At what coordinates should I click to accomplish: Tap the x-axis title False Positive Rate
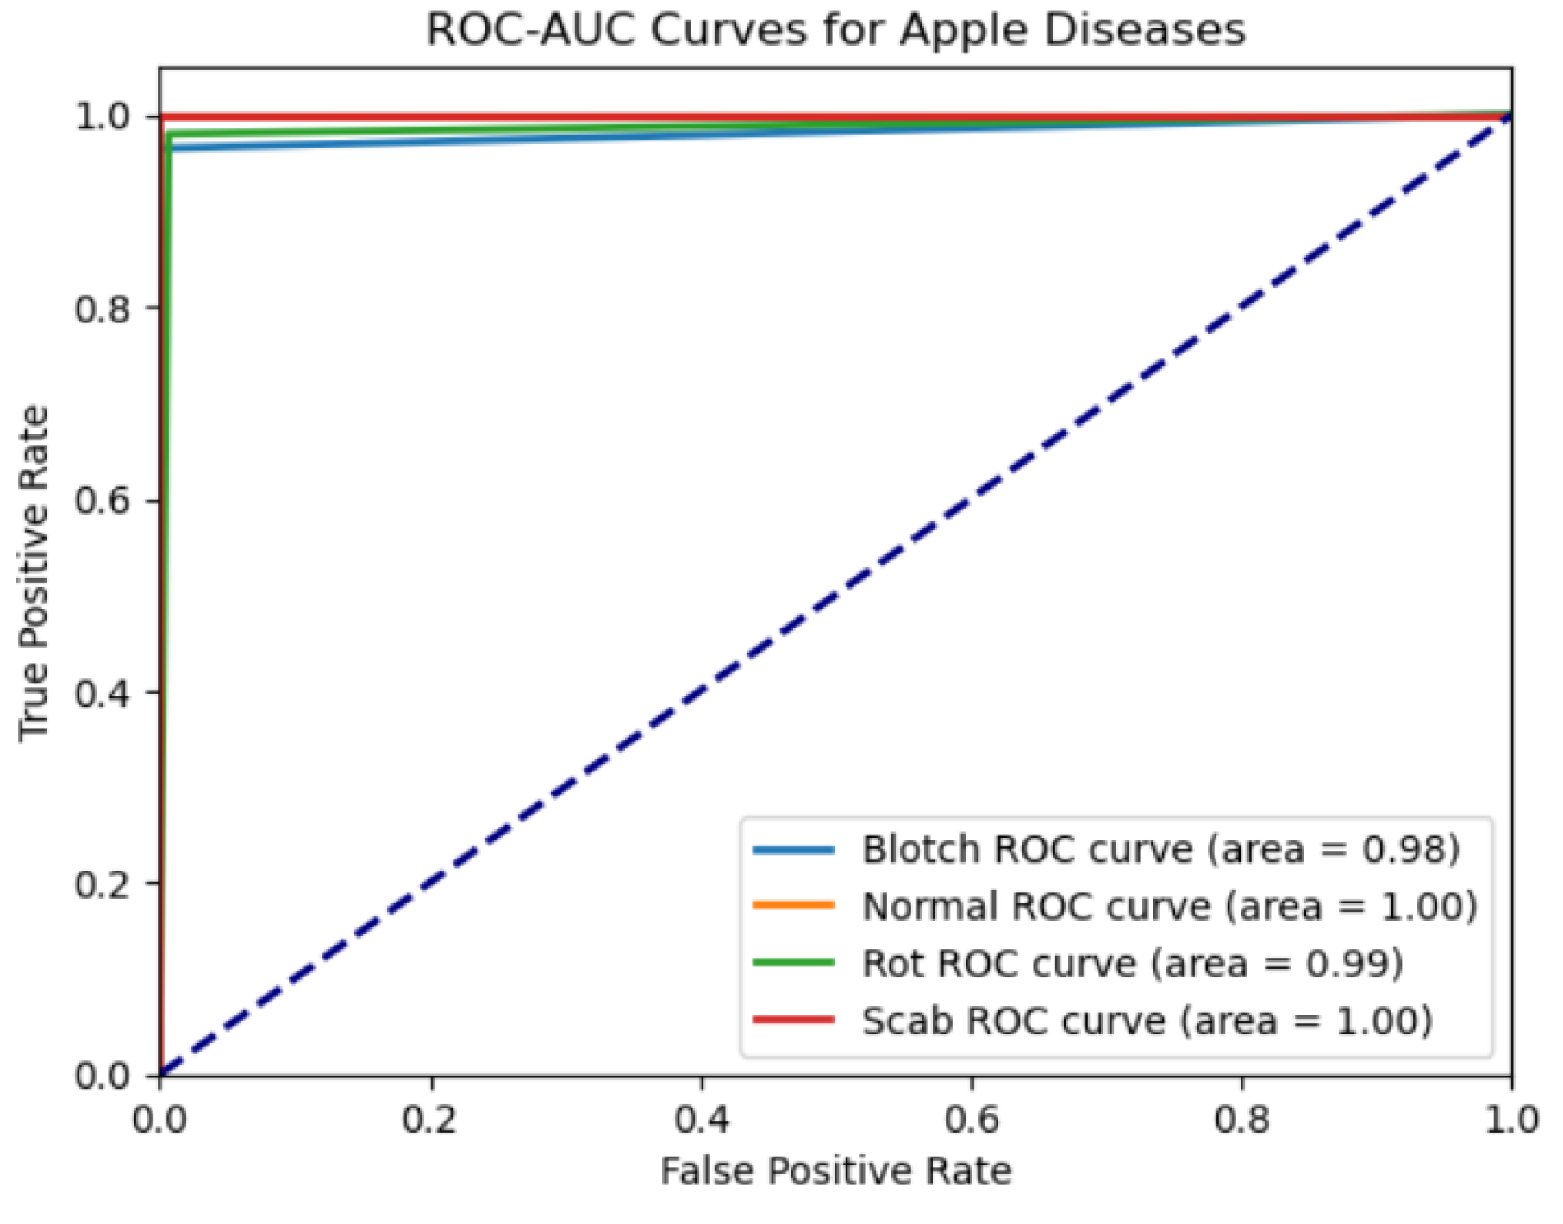(835, 1171)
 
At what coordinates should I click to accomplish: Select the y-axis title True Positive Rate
(34, 573)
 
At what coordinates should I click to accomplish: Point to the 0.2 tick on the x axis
(430, 1119)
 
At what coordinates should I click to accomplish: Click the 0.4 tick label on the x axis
(701, 1119)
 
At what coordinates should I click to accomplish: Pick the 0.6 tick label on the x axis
(972, 1119)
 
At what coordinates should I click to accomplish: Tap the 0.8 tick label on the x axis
(1241, 1119)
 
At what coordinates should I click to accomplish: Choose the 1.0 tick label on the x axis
(1511, 1119)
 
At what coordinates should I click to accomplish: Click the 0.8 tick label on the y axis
(103, 309)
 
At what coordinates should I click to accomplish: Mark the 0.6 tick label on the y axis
(103, 501)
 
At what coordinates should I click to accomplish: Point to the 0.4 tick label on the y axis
(103, 692)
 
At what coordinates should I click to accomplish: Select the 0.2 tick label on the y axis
(103, 884)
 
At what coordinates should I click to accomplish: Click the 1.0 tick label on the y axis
(103, 116)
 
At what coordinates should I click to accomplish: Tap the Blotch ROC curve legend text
(1160, 849)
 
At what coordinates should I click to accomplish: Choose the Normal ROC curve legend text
(1169, 906)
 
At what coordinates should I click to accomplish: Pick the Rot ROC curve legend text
(1132, 963)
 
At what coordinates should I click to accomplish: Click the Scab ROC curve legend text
(1147, 1021)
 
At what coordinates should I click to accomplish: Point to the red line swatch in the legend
(793, 1021)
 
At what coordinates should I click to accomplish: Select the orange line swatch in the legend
(793, 906)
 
